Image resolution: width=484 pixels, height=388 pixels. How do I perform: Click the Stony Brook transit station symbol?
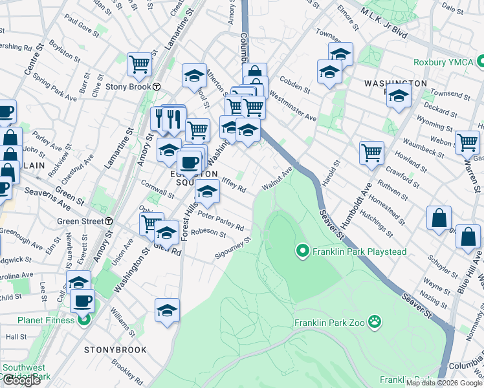(157, 87)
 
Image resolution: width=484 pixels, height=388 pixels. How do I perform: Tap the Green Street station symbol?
(109, 221)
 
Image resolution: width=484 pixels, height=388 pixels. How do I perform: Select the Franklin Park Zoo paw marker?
(374, 321)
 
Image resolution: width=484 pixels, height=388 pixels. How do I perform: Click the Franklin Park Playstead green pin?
(302, 250)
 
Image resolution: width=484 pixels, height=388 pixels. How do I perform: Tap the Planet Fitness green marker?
(83, 319)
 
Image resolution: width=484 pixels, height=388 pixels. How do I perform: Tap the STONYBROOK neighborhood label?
(115, 350)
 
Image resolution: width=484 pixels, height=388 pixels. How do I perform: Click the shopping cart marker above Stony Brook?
(139, 64)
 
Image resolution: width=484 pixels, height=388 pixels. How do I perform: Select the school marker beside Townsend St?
(399, 97)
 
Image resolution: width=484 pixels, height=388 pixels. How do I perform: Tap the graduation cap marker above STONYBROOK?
(167, 309)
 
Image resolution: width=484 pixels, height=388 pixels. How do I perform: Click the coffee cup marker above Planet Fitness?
(82, 300)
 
